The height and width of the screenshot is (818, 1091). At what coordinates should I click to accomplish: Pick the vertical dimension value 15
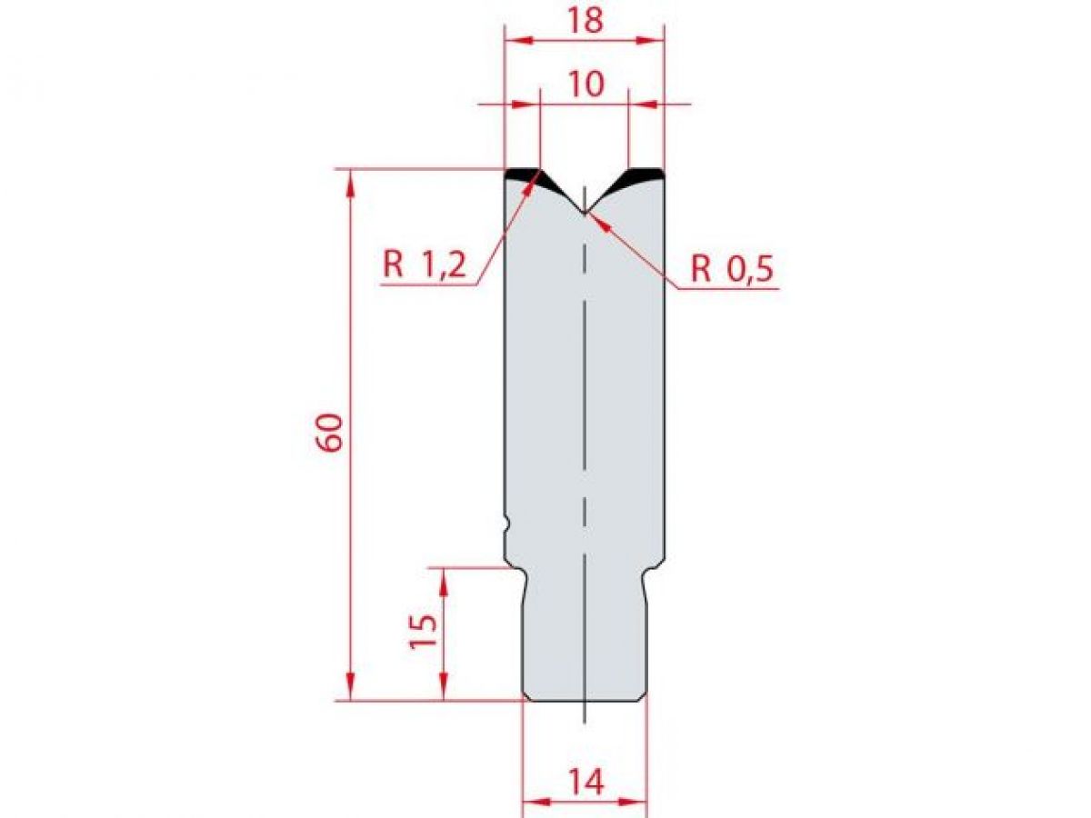pyautogui.click(x=425, y=630)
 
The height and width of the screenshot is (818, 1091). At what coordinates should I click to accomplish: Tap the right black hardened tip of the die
pyautogui.click(x=644, y=175)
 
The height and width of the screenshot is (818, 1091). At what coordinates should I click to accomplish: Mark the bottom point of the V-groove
pyautogui.click(x=586, y=214)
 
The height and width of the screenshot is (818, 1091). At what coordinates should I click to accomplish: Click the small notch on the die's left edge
pyautogui.click(x=505, y=524)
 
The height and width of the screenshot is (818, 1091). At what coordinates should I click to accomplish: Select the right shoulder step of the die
pyautogui.click(x=655, y=569)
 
